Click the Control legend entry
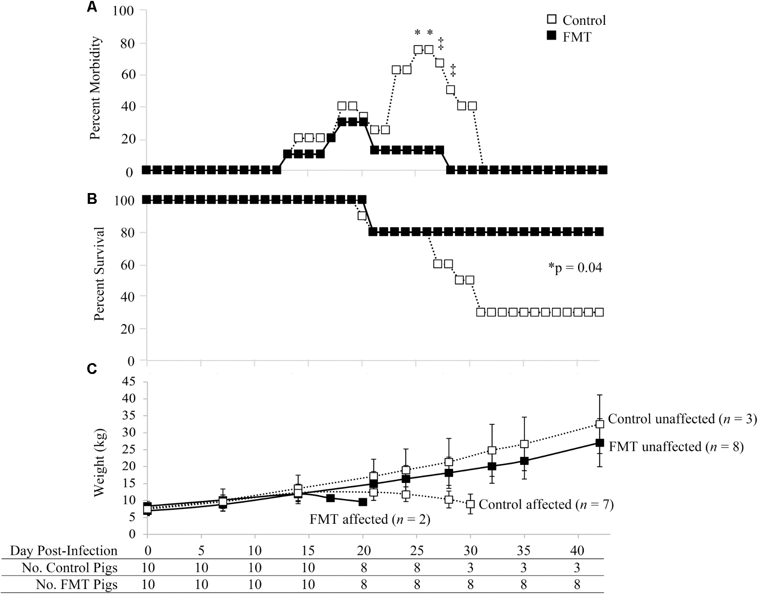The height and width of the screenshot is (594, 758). point(576,20)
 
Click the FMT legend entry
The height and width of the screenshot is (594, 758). point(569,37)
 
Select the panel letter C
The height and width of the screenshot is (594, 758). point(92,369)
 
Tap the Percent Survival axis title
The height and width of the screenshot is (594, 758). point(99,274)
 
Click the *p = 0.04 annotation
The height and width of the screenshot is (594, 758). point(575,268)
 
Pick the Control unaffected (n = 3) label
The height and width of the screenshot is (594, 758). point(682,419)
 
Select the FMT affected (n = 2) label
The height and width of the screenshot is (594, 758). point(370,519)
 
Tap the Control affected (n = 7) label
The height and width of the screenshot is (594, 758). point(546,504)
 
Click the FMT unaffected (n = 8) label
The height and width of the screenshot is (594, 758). point(676,446)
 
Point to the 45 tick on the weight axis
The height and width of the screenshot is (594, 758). point(129,382)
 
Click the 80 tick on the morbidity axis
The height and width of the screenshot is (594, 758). point(129,43)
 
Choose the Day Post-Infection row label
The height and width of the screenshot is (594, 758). point(63,551)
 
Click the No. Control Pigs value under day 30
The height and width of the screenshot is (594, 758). point(470,568)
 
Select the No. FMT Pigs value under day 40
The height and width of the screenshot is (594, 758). point(578,585)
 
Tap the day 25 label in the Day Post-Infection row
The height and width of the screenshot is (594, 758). point(417,551)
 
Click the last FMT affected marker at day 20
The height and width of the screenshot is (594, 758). point(363,502)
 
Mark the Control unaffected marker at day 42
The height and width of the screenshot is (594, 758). point(599,424)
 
